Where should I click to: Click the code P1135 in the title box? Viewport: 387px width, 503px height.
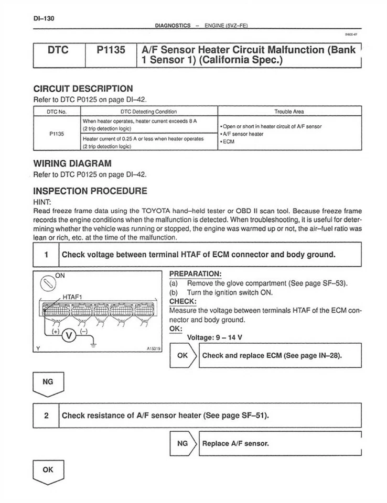(111, 51)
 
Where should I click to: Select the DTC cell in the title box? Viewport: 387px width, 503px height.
(59, 51)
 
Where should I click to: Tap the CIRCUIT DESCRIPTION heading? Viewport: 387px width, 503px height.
(83, 89)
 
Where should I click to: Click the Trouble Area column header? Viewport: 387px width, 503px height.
(289, 111)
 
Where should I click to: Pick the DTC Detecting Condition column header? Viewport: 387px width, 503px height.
(148, 111)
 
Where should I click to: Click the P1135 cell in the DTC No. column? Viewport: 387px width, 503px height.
(57, 134)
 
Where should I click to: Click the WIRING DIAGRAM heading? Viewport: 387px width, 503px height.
(72, 163)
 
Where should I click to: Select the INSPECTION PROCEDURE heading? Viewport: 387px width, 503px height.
(90, 191)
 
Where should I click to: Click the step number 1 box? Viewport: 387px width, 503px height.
(46, 255)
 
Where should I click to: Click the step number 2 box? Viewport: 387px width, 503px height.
(46, 415)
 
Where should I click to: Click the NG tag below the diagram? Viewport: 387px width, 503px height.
(48, 383)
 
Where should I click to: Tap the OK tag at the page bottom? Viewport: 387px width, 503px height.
(48, 471)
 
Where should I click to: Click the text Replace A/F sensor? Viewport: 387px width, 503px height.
(235, 443)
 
